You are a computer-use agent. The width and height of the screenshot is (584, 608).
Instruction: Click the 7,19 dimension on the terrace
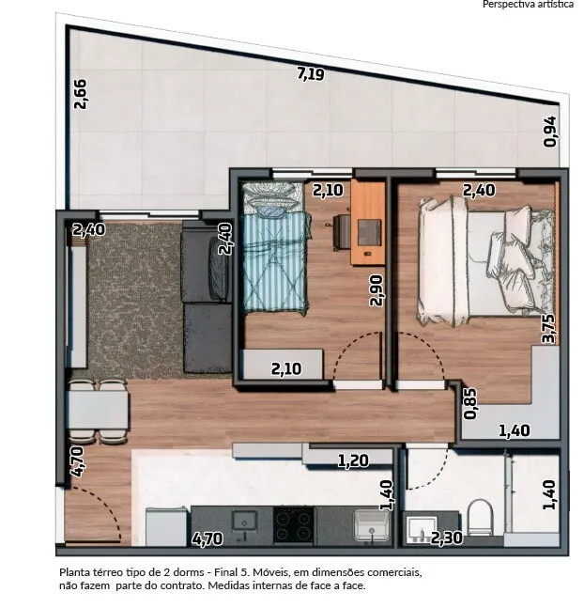pos(311,73)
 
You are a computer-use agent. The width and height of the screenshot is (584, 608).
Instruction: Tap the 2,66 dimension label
pos(81,94)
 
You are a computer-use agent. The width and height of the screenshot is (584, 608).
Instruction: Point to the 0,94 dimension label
pos(550,132)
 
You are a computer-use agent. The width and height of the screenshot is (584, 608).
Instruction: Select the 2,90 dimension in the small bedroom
pos(377,290)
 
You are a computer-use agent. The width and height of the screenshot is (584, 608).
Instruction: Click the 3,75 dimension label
pos(549,329)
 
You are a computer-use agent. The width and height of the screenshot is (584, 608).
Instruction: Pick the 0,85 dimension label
pos(470,404)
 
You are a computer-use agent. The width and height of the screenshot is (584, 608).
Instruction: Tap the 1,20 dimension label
pos(353,460)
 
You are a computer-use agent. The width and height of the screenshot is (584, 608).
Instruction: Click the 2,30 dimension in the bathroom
pos(447,538)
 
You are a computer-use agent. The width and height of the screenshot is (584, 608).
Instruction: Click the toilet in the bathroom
pos(480,517)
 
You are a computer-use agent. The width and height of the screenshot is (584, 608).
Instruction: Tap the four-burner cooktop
pos(294,525)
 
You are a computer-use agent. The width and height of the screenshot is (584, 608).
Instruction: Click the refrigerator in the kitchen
pos(166,526)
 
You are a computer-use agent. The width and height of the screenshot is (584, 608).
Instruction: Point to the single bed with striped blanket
pos(275,246)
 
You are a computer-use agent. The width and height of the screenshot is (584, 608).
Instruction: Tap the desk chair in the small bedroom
pos(341,231)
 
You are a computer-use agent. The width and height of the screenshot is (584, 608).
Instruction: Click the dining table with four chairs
pos(98,412)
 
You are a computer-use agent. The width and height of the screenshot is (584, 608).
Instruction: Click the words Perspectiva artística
pos(528,5)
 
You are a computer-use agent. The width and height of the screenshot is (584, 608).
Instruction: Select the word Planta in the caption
pos(71,572)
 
